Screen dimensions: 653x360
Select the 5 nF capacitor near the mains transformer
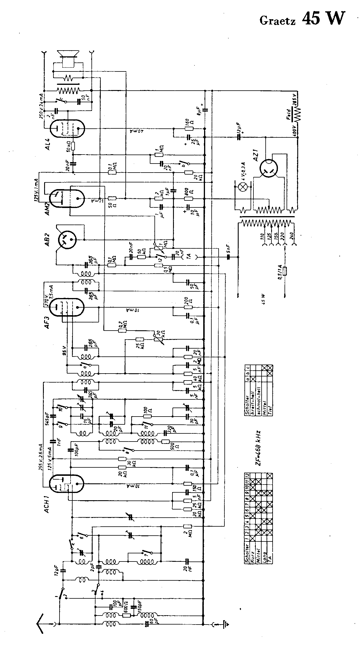pos(228,257)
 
